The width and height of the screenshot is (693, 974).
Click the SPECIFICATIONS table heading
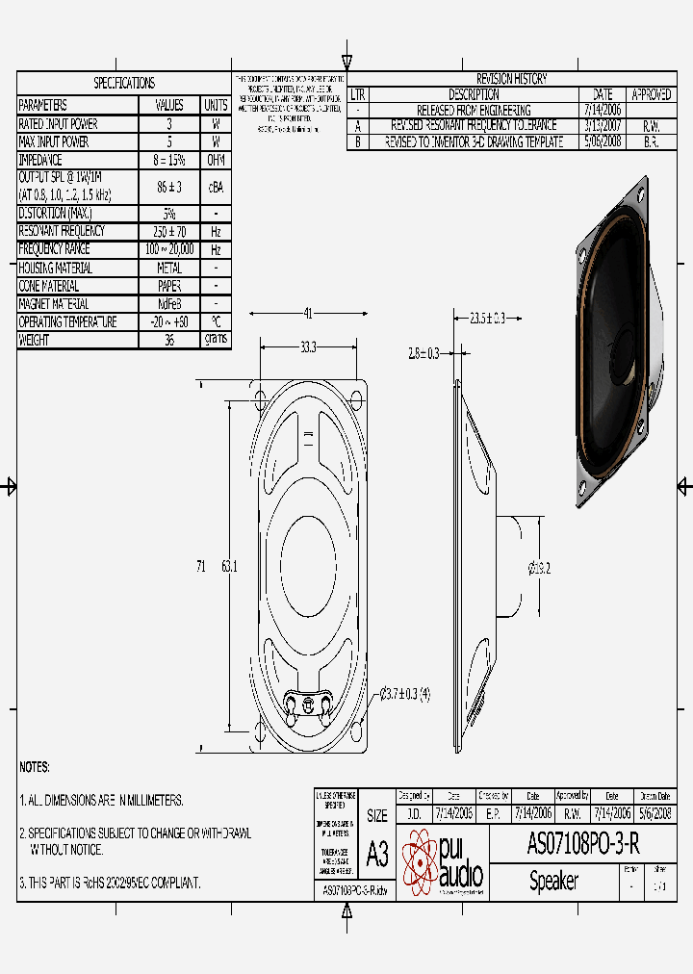123,84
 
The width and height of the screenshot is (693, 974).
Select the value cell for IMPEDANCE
168,160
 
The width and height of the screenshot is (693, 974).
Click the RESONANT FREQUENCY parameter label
62,231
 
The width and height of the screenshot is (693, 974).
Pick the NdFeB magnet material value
168,304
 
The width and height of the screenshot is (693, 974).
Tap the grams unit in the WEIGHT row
215,340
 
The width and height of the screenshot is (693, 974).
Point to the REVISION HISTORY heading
511,79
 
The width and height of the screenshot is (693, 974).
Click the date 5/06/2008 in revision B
603,141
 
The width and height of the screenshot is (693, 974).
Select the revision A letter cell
358,126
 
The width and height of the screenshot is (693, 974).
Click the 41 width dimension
309,313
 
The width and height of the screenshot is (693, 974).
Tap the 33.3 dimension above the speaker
308,347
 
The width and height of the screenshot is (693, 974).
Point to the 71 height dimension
201,568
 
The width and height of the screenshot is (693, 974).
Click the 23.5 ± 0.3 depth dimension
487,319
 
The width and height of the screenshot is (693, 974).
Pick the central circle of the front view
308,561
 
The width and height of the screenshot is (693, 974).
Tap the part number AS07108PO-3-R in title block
582,844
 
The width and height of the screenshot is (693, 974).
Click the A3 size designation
377,853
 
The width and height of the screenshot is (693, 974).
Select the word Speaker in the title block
553,881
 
